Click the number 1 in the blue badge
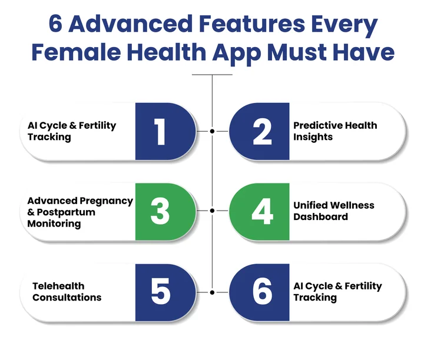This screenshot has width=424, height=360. (160, 132)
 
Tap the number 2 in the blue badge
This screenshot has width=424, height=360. (263, 132)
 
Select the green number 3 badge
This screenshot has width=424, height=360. (160, 211)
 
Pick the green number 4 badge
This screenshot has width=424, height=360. (263, 211)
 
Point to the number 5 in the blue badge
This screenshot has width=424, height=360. (160, 292)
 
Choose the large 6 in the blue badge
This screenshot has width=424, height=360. (263, 292)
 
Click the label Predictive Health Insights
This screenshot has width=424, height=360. (334, 131)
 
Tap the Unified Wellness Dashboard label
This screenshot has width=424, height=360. (333, 211)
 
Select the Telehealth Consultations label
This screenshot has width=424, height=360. (67, 292)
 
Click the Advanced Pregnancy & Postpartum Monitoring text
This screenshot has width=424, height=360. (80, 212)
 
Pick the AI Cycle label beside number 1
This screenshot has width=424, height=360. (72, 131)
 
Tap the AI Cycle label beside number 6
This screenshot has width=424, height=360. (337, 292)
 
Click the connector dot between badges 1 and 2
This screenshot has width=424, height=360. (212, 132)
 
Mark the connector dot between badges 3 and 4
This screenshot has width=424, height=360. (212, 211)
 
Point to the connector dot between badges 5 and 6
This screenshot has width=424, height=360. (212, 292)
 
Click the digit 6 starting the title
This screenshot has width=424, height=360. (57, 25)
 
